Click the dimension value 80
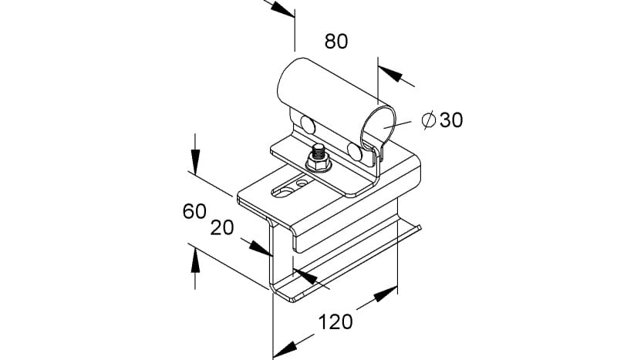pos(336,42)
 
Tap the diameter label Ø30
pos(442,120)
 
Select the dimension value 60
pos(194,211)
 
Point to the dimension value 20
pos(222,228)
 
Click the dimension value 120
pos(335,321)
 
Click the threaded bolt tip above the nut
pos(319,150)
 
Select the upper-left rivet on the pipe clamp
pos(308,124)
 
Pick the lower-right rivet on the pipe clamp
pos(355,151)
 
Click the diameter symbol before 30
pos(428,120)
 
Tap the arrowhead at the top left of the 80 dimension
pos(282,8)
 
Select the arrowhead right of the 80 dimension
pos(390,74)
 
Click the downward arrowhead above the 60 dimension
pos(195,162)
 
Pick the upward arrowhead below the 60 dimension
pos(195,260)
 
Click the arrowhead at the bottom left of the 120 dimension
pos(285,349)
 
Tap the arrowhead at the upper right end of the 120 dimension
pos(385,294)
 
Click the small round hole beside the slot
pos(302,183)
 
